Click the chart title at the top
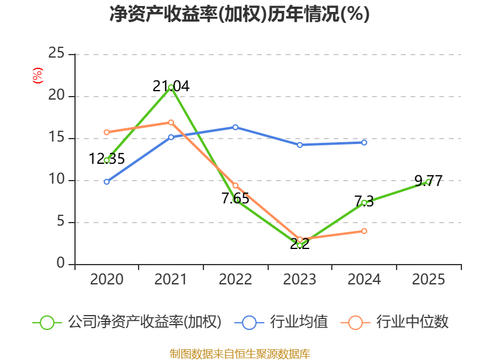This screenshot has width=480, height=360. click(x=239, y=14)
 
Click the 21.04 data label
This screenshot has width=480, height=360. click(x=171, y=86)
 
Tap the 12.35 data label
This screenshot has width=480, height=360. click(x=107, y=159)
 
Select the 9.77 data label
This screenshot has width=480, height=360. click(x=428, y=181)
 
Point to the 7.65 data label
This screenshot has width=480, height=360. click(x=235, y=199)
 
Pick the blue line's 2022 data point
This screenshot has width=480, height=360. click(x=235, y=127)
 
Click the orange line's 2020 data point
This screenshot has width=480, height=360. click(x=107, y=132)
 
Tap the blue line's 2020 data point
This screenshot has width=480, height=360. click(x=107, y=181)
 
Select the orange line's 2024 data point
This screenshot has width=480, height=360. click(x=364, y=231)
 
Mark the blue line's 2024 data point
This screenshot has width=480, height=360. click(x=364, y=142)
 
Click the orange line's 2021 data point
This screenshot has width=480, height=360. click(x=171, y=122)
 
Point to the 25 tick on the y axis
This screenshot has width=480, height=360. click(x=56, y=54)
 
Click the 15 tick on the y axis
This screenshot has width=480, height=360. click(x=56, y=138)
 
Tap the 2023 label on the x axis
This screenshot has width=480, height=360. click(x=299, y=280)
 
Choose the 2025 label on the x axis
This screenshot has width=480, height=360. click(x=428, y=280)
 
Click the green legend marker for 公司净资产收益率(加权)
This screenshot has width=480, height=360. click(x=47, y=322)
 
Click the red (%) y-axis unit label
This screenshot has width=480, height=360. click(x=38, y=76)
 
